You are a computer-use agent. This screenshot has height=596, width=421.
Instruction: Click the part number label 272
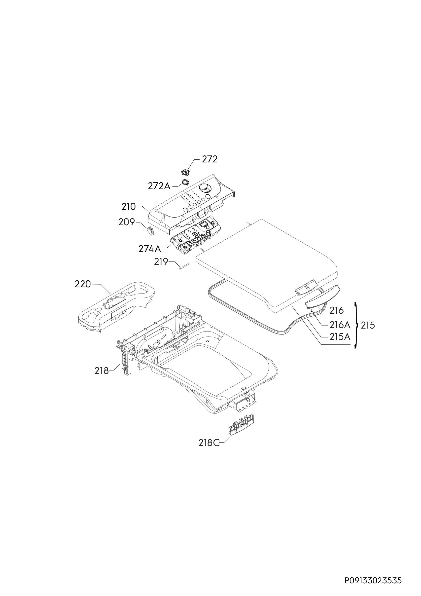[x=210, y=159]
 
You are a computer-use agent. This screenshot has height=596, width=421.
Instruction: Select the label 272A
[x=159, y=186]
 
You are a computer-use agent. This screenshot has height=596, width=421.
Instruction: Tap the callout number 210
[x=129, y=207]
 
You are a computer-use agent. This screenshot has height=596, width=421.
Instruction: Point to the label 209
[x=127, y=222]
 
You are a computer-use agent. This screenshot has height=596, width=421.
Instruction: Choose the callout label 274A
[x=150, y=249]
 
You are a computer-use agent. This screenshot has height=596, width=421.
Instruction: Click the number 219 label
[x=161, y=262]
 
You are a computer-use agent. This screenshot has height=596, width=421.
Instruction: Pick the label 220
[x=83, y=284]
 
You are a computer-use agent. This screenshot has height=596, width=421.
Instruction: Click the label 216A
[x=340, y=325]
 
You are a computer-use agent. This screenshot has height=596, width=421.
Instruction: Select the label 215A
[x=340, y=337]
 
